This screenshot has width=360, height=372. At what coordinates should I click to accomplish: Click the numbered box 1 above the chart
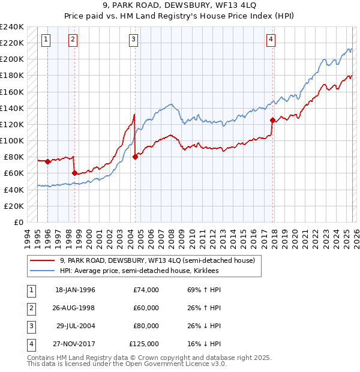tap(46, 40)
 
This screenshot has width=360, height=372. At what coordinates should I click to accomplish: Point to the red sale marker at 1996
tap(47, 161)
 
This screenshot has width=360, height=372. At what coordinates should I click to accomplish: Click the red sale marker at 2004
tap(135, 157)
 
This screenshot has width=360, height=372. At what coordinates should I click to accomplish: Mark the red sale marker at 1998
tap(74, 173)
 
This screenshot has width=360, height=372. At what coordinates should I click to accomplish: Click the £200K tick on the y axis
tap(11, 59)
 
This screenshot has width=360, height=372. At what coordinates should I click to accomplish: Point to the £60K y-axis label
tap(14, 173)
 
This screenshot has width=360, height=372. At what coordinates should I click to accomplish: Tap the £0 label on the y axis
tap(18, 222)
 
